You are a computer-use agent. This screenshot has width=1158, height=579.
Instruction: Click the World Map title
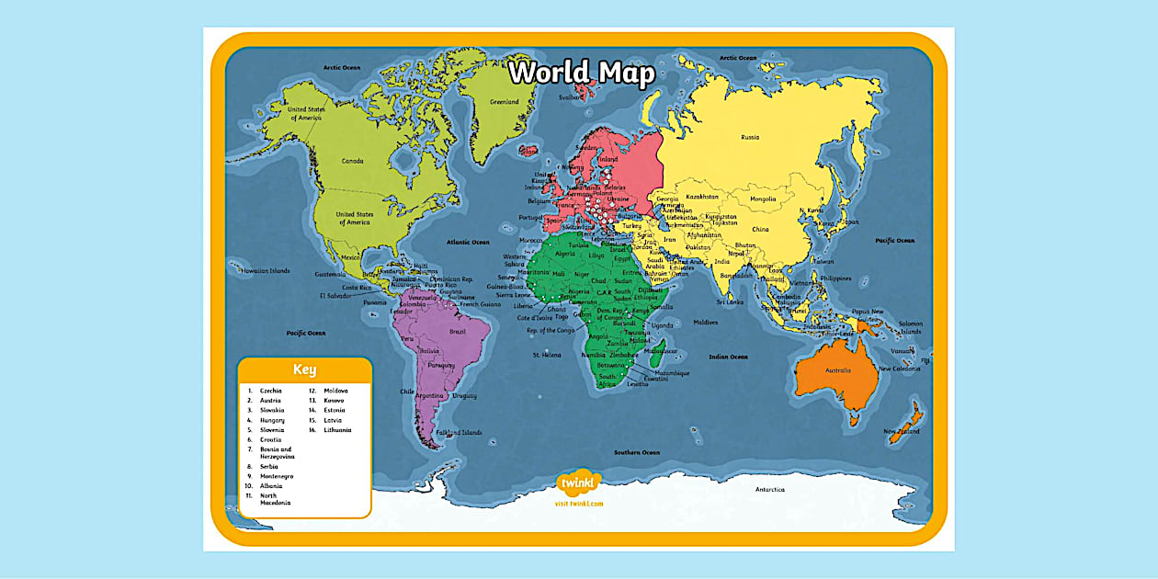pyautogui.click(x=582, y=73)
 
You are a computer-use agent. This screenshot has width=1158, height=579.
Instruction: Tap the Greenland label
pyautogui.click(x=505, y=102)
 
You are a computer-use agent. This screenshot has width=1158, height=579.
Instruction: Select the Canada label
pyautogui.click(x=353, y=161)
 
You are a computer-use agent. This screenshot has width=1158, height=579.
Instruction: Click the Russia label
pyautogui.click(x=750, y=138)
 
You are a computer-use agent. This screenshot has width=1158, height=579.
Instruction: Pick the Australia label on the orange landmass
pyautogui.click(x=837, y=370)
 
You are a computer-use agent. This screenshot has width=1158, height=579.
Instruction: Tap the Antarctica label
pyautogui.click(x=769, y=490)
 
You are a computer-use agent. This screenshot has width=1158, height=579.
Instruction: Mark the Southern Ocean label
pyautogui.click(x=637, y=452)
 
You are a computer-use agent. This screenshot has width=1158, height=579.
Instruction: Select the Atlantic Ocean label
pyautogui.click(x=469, y=242)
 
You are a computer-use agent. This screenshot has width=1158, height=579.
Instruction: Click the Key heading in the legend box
pyautogui.click(x=304, y=370)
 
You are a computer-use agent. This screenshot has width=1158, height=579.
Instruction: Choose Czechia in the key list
pyautogui.click(x=271, y=391)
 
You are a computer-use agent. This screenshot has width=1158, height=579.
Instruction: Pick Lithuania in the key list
pyautogui.click(x=337, y=430)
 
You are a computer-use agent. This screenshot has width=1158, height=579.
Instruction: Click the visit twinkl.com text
pyautogui.click(x=579, y=504)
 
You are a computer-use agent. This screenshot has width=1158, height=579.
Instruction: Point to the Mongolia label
pyautogui.click(x=763, y=199)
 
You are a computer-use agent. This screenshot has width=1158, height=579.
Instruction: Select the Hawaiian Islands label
pyautogui.click(x=265, y=271)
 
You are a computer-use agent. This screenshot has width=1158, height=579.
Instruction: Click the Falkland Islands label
pyautogui.click(x=460, y=432)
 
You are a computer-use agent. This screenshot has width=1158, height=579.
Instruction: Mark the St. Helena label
pyautogui.click(x=547, y=354)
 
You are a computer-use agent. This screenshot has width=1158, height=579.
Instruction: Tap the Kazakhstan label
pyautogui.click(x=702, y=196)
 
